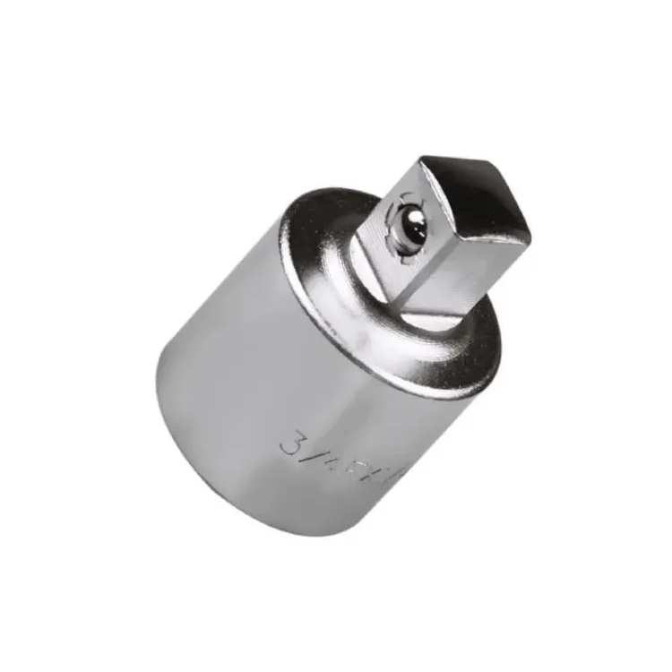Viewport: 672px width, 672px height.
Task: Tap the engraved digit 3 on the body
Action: tap(292, 442)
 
